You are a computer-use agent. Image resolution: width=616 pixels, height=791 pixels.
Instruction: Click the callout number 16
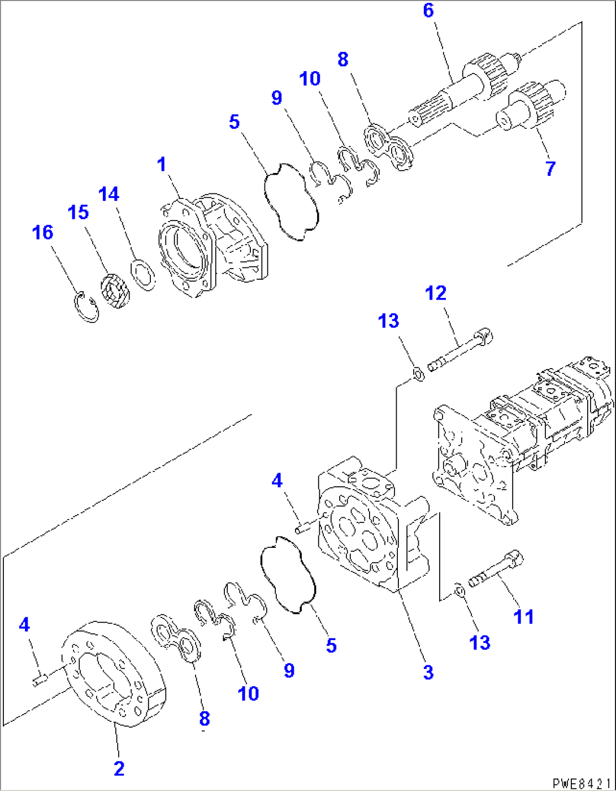pyautogui.click(x=42, y=232)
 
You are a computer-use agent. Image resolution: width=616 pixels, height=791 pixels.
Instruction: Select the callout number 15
pyautogui.click(x=78, y=213)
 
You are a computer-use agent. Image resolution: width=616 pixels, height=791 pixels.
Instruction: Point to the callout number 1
pyautogui.click(x=162, y=165)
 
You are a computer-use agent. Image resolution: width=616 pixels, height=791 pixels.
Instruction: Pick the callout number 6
pyautogui.click(x=428, y=10)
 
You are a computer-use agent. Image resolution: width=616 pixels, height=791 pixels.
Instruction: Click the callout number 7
pyautogui.click(x=550, y=168)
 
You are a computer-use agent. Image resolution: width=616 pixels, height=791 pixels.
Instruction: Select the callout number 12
pyautogui.click(x=436, y=293)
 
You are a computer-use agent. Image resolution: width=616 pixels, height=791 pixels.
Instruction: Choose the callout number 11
pyautogui.click(x=523, y=617)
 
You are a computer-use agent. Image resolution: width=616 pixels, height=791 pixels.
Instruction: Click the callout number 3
pyautogui.click(x=428, y=672)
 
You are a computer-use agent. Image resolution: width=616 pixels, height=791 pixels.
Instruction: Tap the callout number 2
pyautogui.click(x=119, y=768)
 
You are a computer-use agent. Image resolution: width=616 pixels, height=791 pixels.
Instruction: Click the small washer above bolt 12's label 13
pyautogui.click(x=418, y=374)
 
